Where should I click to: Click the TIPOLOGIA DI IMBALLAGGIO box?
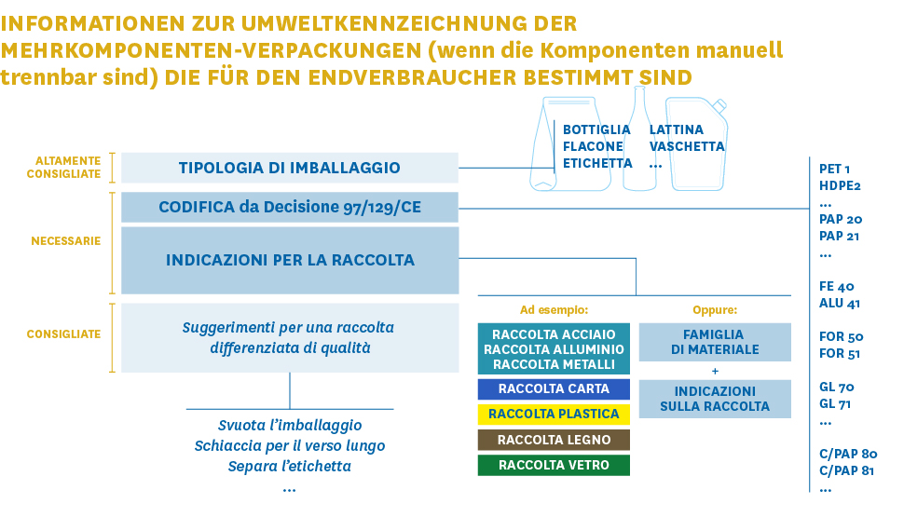click(290, 168)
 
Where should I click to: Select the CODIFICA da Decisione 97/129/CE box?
click(290, 207)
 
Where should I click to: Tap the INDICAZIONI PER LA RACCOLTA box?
click(290, 260)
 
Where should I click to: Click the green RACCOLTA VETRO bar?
click(554, 465)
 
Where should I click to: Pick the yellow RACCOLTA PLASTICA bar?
click(554, 414)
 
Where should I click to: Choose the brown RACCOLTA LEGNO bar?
click(554, 440)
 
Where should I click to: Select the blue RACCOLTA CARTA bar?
click(554, 389)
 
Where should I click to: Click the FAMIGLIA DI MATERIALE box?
click(715, 342)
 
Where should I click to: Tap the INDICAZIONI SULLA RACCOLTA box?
click(715, 399)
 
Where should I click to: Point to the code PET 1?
click(834, 169)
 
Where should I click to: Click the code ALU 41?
click(840, 303)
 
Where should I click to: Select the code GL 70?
click(837, 387)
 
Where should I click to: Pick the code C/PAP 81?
click(846, 470)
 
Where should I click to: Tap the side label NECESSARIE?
click(66, 241)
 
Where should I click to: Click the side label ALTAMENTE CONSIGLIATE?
click(63, 167)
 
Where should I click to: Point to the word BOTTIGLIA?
click(596, 129)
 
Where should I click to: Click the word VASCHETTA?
click(687, 146)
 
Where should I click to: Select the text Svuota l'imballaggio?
click(290, 426)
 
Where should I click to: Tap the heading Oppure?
click(715, 310)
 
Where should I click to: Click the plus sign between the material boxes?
click(715, 371)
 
